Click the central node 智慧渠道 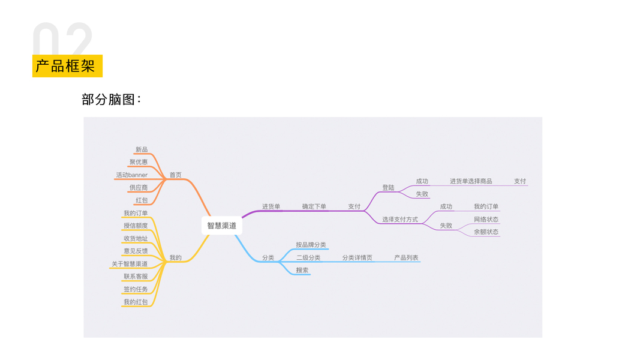(x=222, y=226)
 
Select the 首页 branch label (x=175, y=175)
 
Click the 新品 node (x=142, y=149)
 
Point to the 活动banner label (x=132, y=175)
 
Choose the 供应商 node (x=139, y=188)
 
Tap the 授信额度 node (x=136, y=226)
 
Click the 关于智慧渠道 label (x=130, y=264)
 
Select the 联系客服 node (x=136, y=277)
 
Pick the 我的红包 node (x=136, y=302)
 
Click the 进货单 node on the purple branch (x=271, y=206)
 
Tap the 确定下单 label (x=314, y=206)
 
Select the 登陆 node (x=389, y=188)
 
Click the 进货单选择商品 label (x=471, y=181)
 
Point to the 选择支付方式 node (x=400, y=220)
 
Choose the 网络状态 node (x=486, y=220)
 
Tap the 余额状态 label (x=486, y=232)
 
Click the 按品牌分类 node (x=311, y=245)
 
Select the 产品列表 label (x=406, y=258)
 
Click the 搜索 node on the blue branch (x=302, y=271)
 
